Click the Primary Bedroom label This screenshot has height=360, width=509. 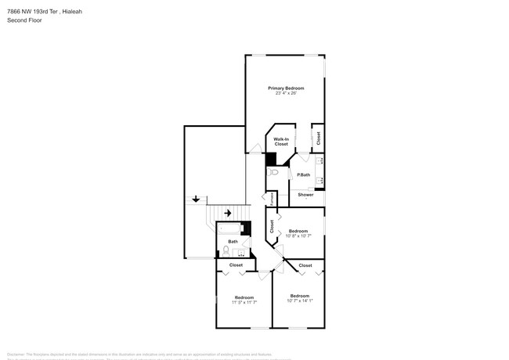(285, 88)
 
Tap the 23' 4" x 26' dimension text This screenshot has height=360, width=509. (285, 94)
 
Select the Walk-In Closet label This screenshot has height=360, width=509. (281, 142)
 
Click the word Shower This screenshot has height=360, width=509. (305, 194)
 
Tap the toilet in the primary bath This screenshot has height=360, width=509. (272, 174)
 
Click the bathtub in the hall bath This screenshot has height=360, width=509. (229, 230)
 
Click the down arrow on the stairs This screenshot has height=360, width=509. (196, 200)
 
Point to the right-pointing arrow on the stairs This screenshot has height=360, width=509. (228, 213)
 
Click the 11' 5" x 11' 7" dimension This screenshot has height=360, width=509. (244, 302)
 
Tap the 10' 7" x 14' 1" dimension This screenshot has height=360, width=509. (300, 301)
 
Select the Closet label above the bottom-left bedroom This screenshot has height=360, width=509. (236, 266)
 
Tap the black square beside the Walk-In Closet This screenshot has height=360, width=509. (272, 159)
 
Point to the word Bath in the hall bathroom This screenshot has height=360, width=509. (233, 242)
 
